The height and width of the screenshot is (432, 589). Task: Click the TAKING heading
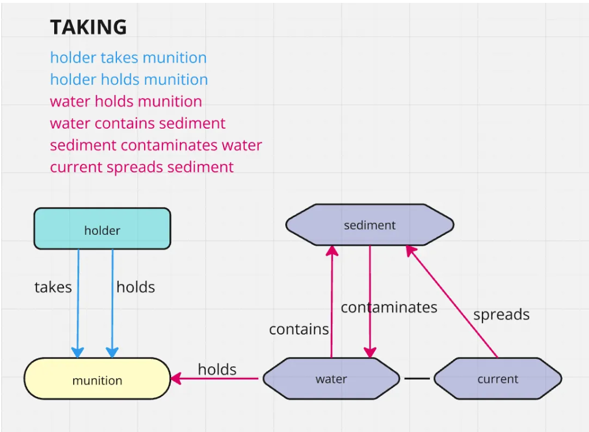pyautogui.click(x=88, y=27)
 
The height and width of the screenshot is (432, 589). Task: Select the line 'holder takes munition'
pyautogui.click(x=128, y=58)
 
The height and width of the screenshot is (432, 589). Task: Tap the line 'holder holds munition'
pyautogui.click(x=129, y=80)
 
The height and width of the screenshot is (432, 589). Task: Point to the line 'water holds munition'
pyautogui.click(x=126, y=102)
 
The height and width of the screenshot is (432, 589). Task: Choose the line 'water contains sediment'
pyautogui.click(x=138, y=123)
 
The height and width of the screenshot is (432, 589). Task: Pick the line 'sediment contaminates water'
pyautogui.click(x=156, y=145)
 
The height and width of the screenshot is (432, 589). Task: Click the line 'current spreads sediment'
pyautogui.click(x=142, y=167)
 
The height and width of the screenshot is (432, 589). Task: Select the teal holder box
pyautogui.click(x=102, y=229)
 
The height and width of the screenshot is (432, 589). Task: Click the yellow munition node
pyautogui.click(x=97, y=379)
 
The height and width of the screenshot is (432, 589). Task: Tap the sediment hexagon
pyautogui.click(x=369, y=225)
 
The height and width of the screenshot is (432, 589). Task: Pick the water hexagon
pyautogui.click(x=331, y=379)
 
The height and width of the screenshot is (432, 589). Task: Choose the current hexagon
pyautogui.click(x=497, y=379)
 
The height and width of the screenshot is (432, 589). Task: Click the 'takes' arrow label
pyautogui.click(x=53, y=287)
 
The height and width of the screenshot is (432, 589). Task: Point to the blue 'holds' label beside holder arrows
pyautogui.click(x=135, y=287)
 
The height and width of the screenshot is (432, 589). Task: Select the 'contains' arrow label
pyautogui.click(x=299, y=329)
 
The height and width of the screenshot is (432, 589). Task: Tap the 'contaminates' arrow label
pyautogui.click(x=388, y=307)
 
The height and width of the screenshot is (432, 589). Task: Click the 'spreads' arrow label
pyautogui.click(x=501, y=315)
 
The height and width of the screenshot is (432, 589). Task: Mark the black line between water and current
pyautogui.click(x=417, y=379)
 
